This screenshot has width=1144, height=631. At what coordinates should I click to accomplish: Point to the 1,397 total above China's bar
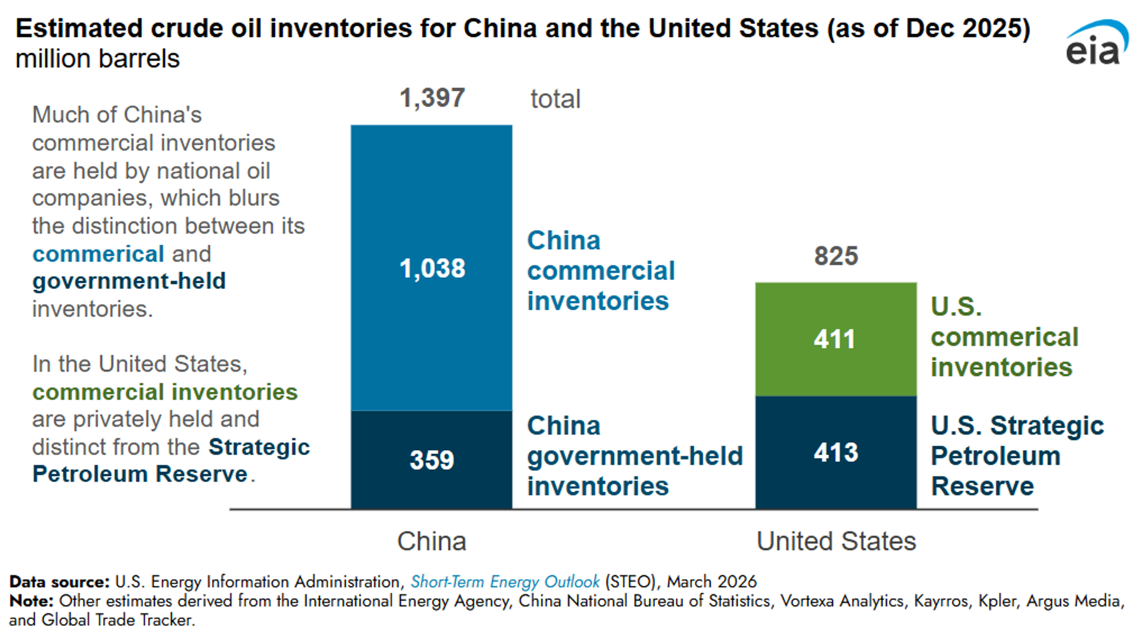click(432, 98)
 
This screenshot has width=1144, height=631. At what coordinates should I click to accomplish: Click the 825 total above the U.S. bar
click(836, 256)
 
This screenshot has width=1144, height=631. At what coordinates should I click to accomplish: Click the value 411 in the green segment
click(834, 340)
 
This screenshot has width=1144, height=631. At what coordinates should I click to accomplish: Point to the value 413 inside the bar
click(836, 453)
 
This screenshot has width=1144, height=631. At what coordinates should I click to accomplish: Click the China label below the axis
click(431, 541)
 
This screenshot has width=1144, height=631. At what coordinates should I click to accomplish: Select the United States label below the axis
click(836, 541)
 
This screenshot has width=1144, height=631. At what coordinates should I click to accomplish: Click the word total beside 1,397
click(555, 99)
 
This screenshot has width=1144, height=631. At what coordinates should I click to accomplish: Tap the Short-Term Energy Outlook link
click(505, 582)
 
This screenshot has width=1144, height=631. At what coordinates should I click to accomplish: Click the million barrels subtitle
click(97, 59)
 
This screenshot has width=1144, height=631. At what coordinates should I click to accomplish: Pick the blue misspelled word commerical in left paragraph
click(98, 254)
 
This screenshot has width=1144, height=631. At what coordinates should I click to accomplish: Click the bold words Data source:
click(59, 582)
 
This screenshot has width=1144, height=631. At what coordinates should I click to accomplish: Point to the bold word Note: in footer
click(31, 601)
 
